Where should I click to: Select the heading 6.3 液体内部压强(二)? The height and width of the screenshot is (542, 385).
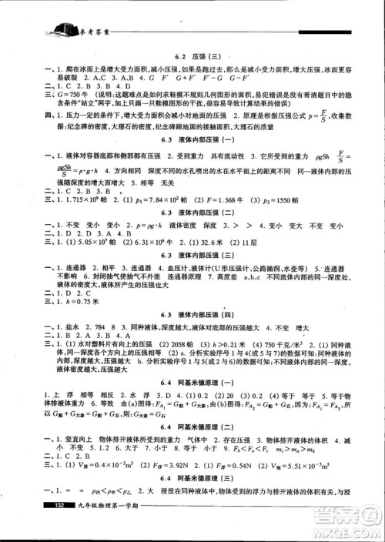coord(192,210)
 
